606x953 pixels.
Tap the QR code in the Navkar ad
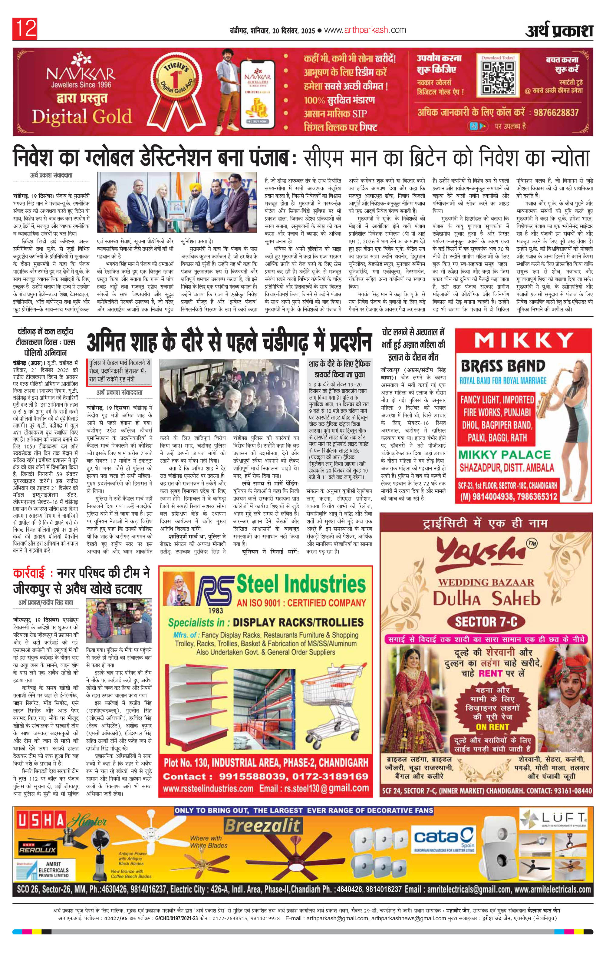pos(498,76)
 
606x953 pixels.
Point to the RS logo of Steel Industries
pos(215,589)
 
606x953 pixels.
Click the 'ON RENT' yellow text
pos(492,727)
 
